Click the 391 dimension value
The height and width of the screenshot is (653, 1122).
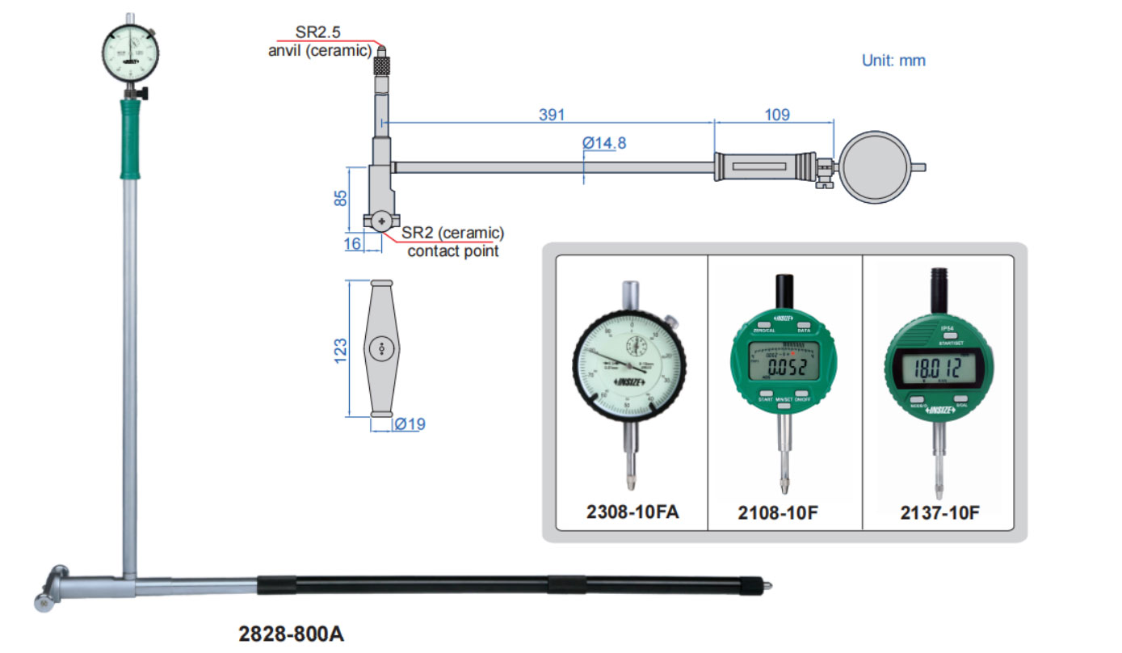coord(553,115)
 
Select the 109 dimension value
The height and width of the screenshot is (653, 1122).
coord(775,115)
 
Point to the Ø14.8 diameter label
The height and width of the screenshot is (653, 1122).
coord(604,143)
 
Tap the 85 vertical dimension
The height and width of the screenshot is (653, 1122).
coord(341,198)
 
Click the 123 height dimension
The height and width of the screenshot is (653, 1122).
coord(341,348)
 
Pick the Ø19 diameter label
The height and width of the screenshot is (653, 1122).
coord(410,423)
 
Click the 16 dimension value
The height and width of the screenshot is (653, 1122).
coord(352,244)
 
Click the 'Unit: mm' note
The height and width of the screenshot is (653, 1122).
coord(893,61)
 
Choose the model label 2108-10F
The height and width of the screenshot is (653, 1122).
coord(784,512)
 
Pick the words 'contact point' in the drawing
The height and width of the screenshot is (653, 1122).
coord(452,251)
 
